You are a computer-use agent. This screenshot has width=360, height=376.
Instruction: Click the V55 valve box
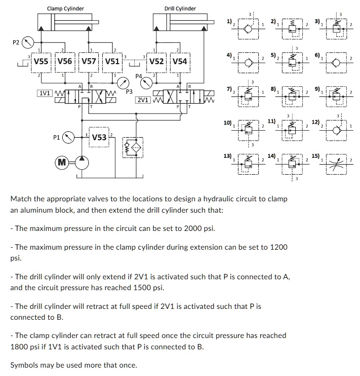coord(40,62)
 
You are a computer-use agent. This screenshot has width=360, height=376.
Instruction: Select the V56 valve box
coord(65,62)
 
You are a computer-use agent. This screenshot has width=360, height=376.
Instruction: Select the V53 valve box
coord(100,137)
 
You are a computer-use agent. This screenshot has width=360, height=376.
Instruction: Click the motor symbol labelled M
coord(62,162)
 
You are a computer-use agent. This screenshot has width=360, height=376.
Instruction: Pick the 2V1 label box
coord(143,100)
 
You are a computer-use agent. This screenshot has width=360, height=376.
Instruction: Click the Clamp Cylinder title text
coord(65,8)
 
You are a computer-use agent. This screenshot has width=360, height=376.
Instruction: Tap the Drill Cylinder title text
coord(180,8)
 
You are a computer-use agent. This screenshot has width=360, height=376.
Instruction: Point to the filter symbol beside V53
coord(133,148)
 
